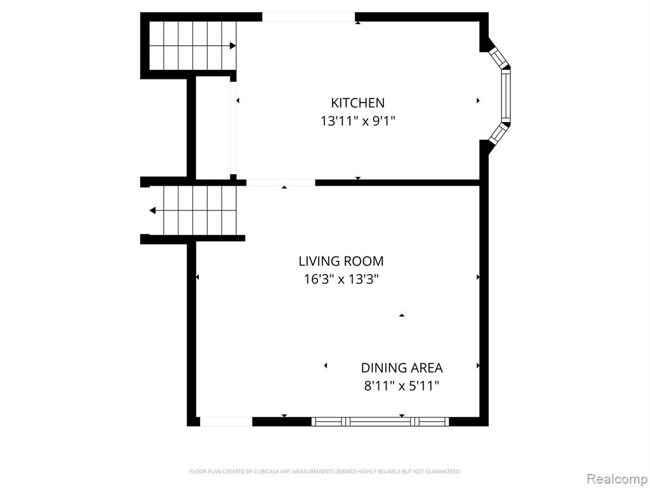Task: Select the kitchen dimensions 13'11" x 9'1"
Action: pyautogui.click(x=358, y=121)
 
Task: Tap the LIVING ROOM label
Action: pyautogui.click(x=341, y=261)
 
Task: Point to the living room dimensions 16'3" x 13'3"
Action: pyautogui.click(x=341, y=280)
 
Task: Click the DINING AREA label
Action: pyautogui.click(x=402, y=368)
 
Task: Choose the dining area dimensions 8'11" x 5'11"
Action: pyautogui.click(x=402, y=386)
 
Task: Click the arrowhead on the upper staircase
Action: pyautogui.click(x=233, y=46)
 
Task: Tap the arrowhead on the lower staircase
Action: pyautogui.click(x=152, y=210)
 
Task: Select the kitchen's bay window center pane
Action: pyautogui.click(x=506, y=95)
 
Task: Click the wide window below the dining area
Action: pyautogui.click(x=380, y=422)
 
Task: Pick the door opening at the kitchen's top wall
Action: pyautogui.click(x=308, y=17)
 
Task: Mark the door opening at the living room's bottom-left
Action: pyautogui.click(x=227, y=422)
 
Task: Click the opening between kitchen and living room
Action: pyautogui.click(x=281, y=182)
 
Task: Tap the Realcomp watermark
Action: pyautogui.click(x=617, y=478)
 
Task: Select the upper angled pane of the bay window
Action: pyautogui.click(x=500, y=58)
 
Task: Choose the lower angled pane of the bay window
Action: pyautogui.click(x=500, y=133)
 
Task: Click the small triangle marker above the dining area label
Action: pyautogui.click(x=402, y=315)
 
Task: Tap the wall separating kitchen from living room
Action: pyautogui.click(x=397, y=182)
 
